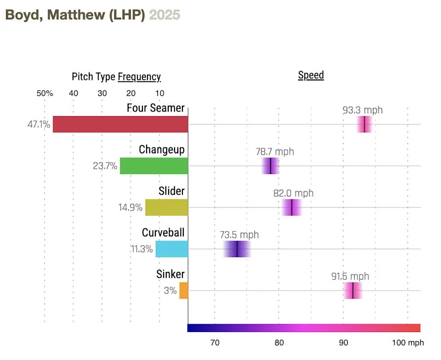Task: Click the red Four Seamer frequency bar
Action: [120, 124]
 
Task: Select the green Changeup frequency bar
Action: [154, 166]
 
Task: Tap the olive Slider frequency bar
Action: [167, 208]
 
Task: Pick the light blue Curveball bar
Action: [172, 249]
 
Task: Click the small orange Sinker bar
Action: [184, 291]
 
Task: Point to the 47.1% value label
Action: [39, 124]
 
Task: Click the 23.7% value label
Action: [105, 166]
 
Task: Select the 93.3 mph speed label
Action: [362, 110]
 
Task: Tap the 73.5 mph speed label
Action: [239, 235]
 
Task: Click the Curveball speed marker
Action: [237, 249]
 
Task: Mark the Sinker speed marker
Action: [353, 291]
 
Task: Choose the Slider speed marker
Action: [292, 208]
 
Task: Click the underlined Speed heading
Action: [311, 75]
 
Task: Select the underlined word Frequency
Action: [139, 77]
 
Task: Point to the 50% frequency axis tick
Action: [45, 94]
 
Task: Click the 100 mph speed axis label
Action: [408, 343]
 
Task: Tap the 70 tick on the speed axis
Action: [215, 343]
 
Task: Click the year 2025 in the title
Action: [165, 15]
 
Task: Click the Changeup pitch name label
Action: [162, 150]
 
